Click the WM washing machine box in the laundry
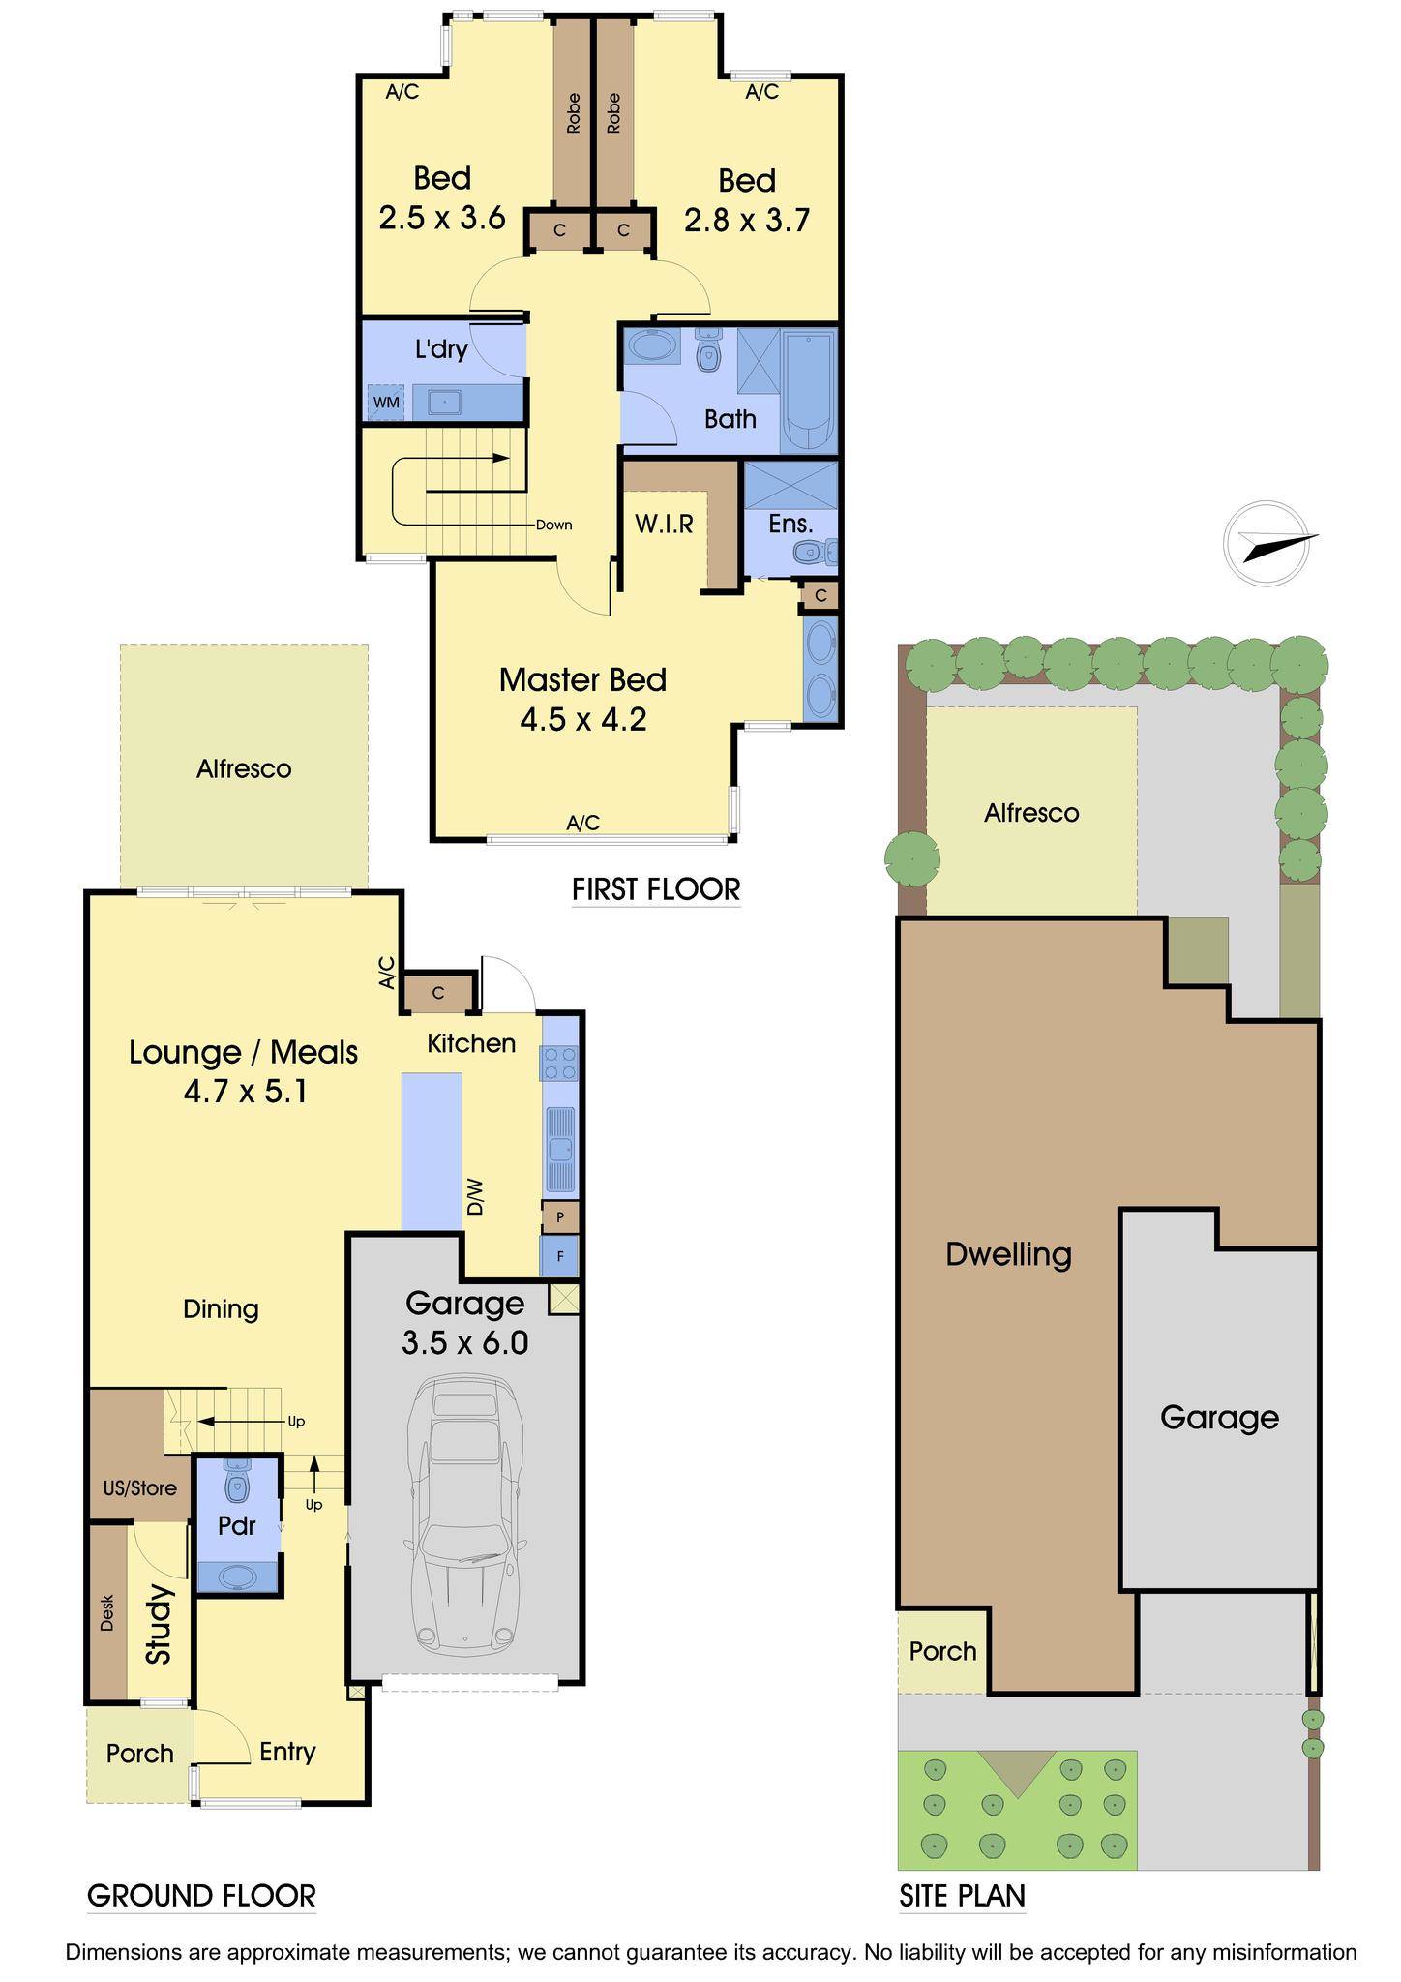click(x=386, y=402)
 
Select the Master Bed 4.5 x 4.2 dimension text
click(x=583, y=720)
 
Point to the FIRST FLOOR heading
click(x=656, y=888)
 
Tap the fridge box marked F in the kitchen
click(x=560, y=1256)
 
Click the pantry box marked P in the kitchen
click(x=560, y=1216)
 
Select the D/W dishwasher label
click(x=474, y=1202)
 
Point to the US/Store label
click(x=140, y=1487)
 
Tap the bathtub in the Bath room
click(x=808, y=392)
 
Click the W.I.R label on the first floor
click(x=664, y=524)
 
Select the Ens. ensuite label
click(x=790, y=524)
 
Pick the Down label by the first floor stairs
click(x=554, y=525)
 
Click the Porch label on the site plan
click(x=943, y=1651)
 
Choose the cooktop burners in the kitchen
click(x=560, y=1063)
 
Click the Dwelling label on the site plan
click(x=1009, y=1254)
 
